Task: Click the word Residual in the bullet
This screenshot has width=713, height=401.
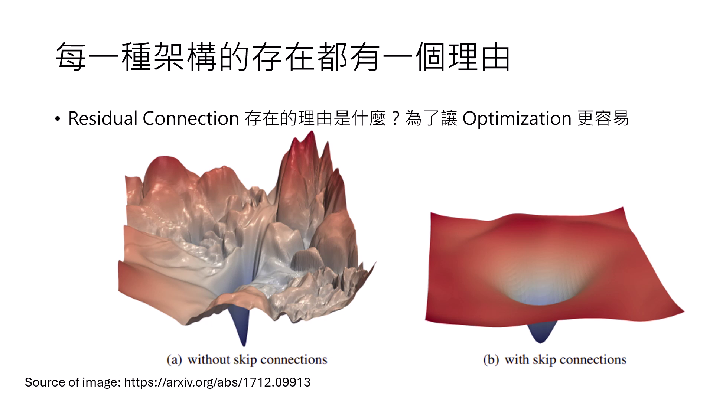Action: (103, 118)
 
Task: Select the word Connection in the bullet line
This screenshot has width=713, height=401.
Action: (191, 118)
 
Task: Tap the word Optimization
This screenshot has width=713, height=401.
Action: (517, 119)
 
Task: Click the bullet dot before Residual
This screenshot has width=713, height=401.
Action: (57, 119)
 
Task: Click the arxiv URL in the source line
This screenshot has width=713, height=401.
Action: (217, 382)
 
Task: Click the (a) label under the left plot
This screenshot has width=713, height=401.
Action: (174, 360)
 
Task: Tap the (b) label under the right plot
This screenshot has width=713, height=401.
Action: (491, 360)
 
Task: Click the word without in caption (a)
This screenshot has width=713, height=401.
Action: (209, 359)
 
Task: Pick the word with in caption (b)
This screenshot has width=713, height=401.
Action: (517, 359)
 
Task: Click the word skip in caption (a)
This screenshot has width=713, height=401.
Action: (245, 360)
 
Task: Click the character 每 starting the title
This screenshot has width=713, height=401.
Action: (71, 56)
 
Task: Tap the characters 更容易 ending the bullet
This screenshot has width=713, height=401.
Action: (603, 118)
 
